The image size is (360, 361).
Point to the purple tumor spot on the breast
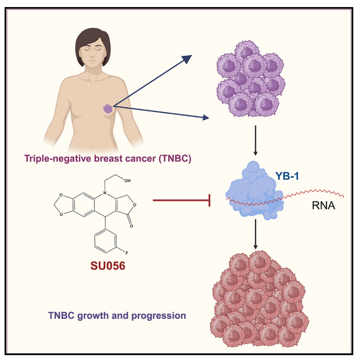[x=108, y=108]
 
